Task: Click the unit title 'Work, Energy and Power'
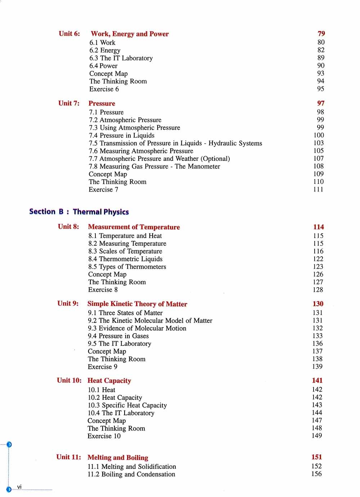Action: tap(130, 34)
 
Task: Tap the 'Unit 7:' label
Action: tap(69, 103)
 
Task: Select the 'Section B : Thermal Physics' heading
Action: tap(79, 212)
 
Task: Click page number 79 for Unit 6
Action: tap(321, 33)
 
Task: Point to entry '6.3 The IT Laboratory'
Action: tap(121, 58)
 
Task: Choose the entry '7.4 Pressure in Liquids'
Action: tap(122, 135)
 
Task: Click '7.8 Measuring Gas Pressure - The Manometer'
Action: tap(154, 166)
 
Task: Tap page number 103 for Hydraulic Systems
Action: tap(319, 143)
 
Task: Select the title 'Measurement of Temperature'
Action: tap(134, 227)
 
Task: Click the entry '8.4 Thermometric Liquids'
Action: tap(125, 259)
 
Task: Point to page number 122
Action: tap(318, 259)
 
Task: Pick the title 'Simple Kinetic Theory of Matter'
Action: tap(137, 304)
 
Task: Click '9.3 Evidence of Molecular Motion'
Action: tap(137, 328)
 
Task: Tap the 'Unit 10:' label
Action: tap(69, 380)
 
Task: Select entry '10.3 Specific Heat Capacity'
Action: tap(127, 405)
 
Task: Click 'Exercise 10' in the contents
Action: tap(104, 436)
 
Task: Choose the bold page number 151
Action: tap(317, 457)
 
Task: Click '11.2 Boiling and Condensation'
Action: tap(131, 474)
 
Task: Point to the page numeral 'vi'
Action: tap(19, 487)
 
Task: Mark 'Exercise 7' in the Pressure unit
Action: tap(103, 189)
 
